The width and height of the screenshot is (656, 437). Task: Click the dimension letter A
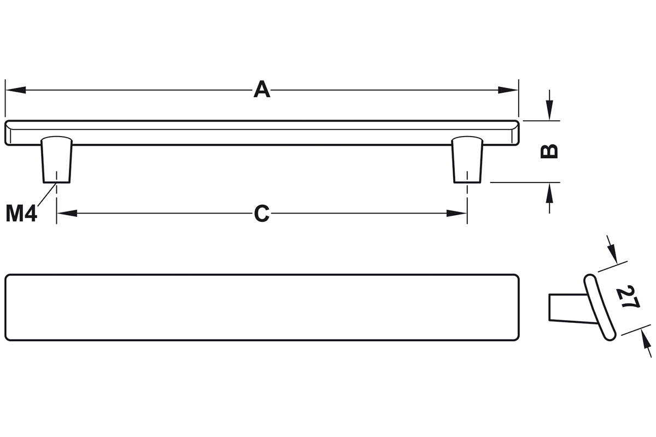[x=261, y=90]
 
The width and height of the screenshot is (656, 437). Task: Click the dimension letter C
[x=261, y=214]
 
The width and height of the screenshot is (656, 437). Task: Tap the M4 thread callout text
[x=21, y=214]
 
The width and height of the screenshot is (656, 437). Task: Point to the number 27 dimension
[x=628, y=297]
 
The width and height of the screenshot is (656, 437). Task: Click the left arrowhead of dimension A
[x=15, y=90]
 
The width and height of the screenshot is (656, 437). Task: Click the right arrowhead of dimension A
[x=508, y=90]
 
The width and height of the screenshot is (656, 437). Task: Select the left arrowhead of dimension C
[x=67, y=213]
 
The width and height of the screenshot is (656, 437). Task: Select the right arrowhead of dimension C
[x=456, y=213]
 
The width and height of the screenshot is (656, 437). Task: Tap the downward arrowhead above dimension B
[x=550, y=110]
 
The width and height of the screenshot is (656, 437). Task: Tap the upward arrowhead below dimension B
[x=550, y=193]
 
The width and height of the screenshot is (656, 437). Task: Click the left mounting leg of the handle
[x=56, y=160]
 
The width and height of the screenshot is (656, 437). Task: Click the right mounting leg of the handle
[x=467, y=160]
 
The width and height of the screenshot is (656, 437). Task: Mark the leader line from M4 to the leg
[x=47, y=194]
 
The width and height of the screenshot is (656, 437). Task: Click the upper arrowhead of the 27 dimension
[x=613, y=253]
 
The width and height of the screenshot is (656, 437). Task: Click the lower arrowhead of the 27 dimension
[x=646, y=340]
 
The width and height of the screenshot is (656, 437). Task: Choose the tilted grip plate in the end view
[x=600, y=308]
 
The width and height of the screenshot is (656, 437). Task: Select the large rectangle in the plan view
[x=262, y=308]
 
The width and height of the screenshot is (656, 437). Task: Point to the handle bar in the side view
[x=262, y=133]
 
